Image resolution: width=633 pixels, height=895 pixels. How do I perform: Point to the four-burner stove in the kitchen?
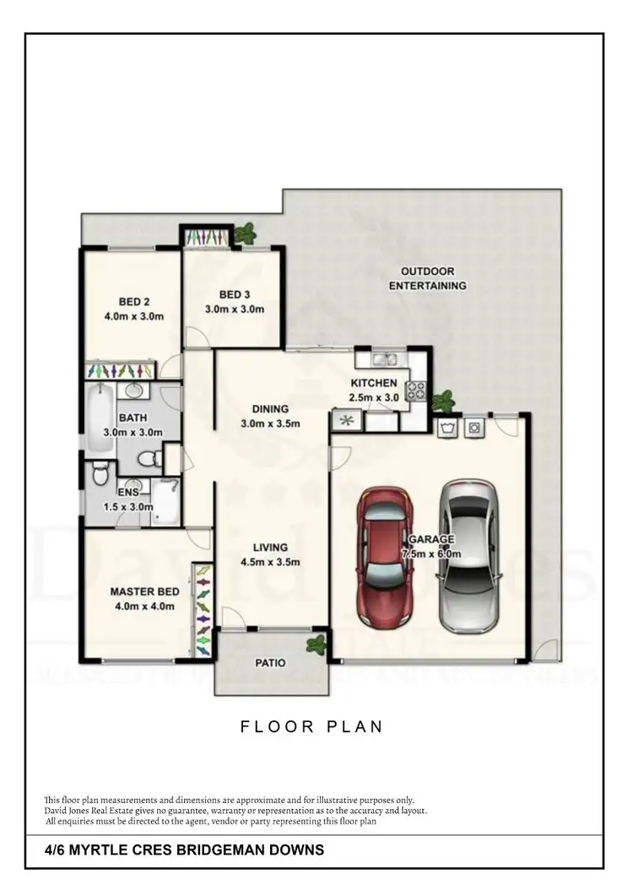[417, 391]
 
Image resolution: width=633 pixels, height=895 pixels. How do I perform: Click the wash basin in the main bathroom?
[133, 391]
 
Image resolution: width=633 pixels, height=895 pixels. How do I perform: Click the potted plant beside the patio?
[316, 645]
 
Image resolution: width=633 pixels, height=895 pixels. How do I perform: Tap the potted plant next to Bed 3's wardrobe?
[247, 233]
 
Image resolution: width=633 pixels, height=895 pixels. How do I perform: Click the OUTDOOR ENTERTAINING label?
[427, 278]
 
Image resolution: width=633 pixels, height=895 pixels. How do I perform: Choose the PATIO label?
[272, 663]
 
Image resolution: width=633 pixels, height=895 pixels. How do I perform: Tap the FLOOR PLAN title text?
[311, 725]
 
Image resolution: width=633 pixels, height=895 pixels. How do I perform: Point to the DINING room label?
[269, 409]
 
